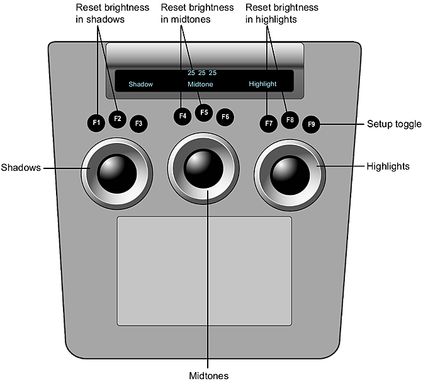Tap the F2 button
117,117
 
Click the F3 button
138,124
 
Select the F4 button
183,116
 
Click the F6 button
225,117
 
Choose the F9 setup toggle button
310,124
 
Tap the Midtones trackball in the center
203,168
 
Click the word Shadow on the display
140,84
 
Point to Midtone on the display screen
200,84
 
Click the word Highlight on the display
262,84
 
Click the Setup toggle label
394,124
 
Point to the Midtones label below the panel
208,376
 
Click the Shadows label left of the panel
21,168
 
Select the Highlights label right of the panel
388,166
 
